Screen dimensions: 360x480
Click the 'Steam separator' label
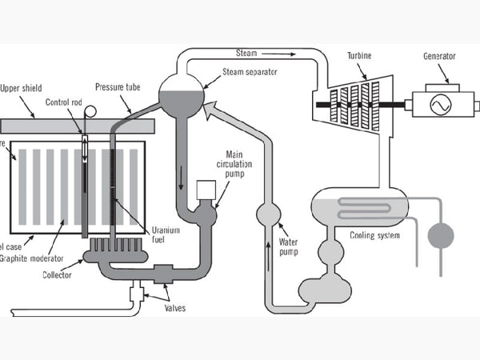click(250, 70)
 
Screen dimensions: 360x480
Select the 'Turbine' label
click(363, 57)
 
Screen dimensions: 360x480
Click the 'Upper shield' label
click(22, 88)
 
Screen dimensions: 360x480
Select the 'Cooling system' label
click(376, 235)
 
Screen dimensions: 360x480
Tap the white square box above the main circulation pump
click(206, 189)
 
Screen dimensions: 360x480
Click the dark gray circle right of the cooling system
click(440, 236)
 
